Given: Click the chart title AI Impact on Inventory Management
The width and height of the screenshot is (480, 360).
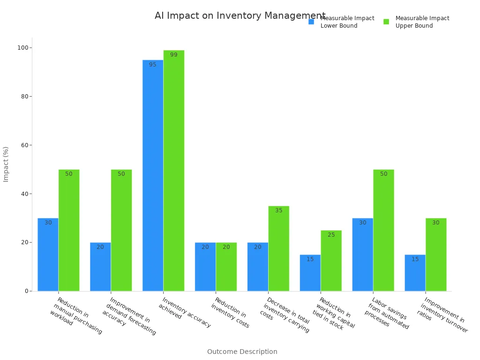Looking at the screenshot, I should click(240, 16).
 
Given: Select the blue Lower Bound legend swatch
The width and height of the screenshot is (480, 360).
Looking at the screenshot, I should click(311, 22).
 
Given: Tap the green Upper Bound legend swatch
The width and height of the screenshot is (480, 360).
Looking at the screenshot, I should click(386, 22).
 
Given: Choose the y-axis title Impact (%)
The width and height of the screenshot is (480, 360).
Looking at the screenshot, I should click(6, 164).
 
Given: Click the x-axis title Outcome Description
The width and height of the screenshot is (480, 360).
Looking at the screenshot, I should click(242, 352).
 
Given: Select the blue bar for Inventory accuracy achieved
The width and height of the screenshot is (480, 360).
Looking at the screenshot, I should click(153, 175).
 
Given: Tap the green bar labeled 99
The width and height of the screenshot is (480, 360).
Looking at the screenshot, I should click(174, 171).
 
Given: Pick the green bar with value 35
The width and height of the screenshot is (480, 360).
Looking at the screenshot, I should click(279, 248).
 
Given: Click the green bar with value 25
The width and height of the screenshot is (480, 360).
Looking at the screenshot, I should click(331, 261).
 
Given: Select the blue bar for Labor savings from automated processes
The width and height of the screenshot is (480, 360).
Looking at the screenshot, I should click(363, 255).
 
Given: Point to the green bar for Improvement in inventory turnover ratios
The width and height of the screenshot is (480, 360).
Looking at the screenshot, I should click(436, 255).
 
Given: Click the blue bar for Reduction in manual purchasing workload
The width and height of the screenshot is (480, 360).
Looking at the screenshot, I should click(48, 255).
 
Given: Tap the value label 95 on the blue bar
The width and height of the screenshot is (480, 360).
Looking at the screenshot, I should click(153, 65).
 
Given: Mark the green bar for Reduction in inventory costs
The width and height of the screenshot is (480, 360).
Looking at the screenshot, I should click(226, 267).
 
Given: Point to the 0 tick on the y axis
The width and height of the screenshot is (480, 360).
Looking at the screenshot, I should click(27, 291).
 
